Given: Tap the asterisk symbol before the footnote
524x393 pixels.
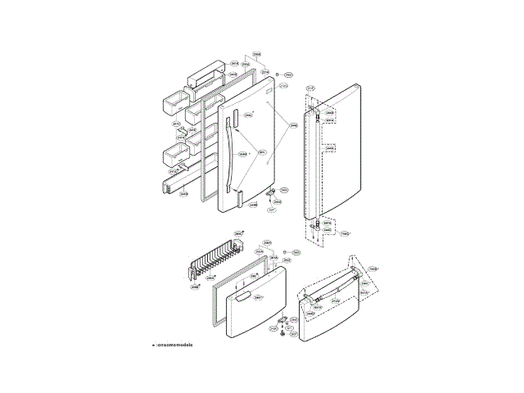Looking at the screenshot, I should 153,345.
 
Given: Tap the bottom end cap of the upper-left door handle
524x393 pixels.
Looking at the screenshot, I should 237,195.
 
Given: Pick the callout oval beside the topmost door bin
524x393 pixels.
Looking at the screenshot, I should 234,63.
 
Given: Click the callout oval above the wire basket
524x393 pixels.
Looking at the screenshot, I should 238,234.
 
